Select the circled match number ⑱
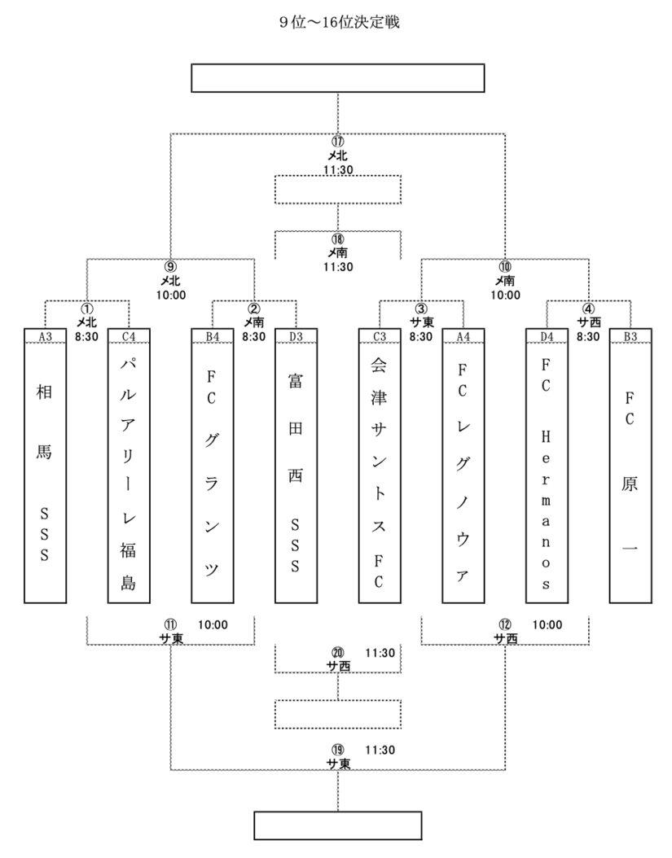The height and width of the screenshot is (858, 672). click(338, 241)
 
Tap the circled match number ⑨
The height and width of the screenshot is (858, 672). click(170, 266)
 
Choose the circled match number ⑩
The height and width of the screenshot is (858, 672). click(506, 266)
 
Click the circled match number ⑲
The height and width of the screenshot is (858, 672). click(338, 750)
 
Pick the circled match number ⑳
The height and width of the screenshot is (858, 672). click(338, 653)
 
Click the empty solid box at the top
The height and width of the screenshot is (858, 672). click(338, 78)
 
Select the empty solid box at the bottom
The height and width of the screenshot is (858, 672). click(338, 825)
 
